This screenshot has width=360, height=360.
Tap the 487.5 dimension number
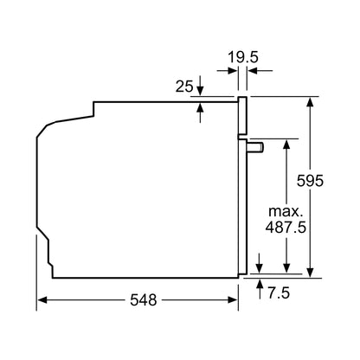coord(285,228)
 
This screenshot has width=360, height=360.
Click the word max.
coord(285,211)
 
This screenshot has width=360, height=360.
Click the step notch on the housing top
coord(92,108)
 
